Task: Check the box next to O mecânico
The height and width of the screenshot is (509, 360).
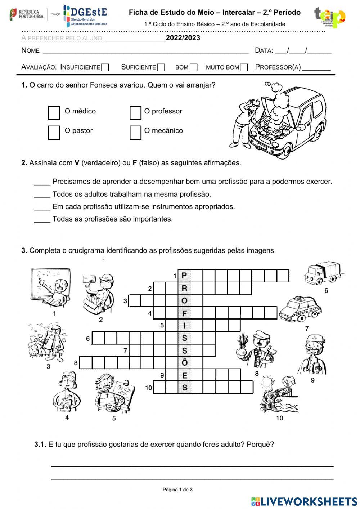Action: click(x=135, y=132)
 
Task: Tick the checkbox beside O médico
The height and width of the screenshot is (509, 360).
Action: click(x=54, y=113)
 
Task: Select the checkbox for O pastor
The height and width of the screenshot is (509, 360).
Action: click(x=54, y=132)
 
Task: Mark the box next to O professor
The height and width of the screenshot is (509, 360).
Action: click(x=135, y=113)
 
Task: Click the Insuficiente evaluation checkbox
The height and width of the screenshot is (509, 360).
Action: click(x=105, y=67)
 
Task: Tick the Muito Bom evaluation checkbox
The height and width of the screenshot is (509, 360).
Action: click(x=244, y=67)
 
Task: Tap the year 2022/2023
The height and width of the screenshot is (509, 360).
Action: click(x=183, y=38)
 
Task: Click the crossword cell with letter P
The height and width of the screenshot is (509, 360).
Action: click(x=184, y=276)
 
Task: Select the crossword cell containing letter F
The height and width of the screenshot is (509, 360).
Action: click(x=184, y=313)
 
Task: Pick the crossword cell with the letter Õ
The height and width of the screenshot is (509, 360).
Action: click(x=184, y=363)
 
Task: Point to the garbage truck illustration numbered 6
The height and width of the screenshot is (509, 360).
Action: click(x=322, y=273)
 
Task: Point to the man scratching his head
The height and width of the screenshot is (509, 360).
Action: click(x=247, y=121)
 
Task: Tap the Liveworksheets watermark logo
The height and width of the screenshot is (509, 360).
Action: click(x=304, y=501)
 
